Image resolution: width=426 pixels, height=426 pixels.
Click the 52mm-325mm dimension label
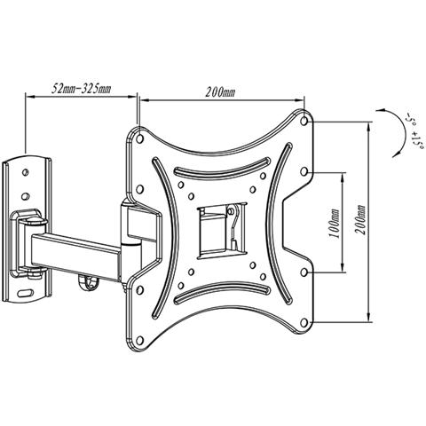(82, 89)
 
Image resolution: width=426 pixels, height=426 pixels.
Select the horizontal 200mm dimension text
(220, 92)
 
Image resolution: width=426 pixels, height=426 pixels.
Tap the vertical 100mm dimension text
(335, 224)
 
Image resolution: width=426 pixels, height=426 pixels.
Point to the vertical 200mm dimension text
(360, 219)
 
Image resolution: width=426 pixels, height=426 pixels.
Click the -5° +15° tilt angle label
(413, 130)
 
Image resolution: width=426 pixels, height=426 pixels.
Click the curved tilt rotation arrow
(399, 130)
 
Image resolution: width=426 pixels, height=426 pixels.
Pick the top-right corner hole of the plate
(304, 121)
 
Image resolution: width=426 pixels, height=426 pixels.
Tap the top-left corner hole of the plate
(140, 138)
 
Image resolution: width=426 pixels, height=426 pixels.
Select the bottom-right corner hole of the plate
(304, 323)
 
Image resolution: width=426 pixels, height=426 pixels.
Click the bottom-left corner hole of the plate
(140, 341)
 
